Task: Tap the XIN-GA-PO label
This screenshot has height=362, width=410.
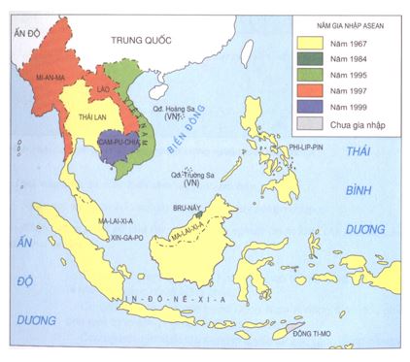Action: [x=116, y=235]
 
